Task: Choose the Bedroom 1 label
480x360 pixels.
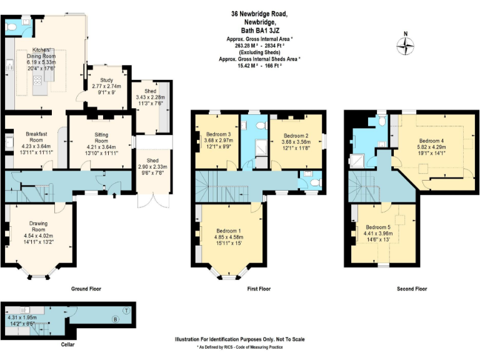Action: point(229,230)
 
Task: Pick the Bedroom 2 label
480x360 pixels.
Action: point(296,136)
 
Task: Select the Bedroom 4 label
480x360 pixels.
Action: point(432,140)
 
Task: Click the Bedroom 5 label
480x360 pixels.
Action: point(378,226)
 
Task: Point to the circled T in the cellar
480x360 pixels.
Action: point(126,311)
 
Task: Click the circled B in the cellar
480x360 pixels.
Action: point(114,320)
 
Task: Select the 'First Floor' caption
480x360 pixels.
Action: point(259,289)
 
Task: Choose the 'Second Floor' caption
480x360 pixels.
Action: point(412,289)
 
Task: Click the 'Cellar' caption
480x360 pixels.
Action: point(69,344)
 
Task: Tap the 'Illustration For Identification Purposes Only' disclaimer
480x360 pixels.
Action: point(240,339)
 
